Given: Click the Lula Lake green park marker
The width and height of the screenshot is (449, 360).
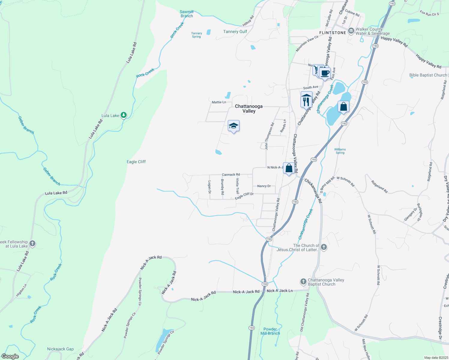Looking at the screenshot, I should click(123, 115).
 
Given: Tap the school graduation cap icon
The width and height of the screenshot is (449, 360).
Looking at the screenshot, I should click(234, 126).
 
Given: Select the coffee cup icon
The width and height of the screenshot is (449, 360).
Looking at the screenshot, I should click(325, 73).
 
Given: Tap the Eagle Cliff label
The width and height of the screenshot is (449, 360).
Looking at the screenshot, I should click(136, 162).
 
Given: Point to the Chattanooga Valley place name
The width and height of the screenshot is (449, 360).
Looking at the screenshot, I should click(249, 109).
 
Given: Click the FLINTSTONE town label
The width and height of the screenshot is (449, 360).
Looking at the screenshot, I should click(333, 33).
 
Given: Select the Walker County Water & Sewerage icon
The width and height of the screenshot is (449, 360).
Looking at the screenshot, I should click(351, 31).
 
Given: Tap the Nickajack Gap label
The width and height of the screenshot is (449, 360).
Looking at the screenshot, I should click(60, 349).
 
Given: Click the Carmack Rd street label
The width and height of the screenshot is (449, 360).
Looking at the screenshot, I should click(231, 175).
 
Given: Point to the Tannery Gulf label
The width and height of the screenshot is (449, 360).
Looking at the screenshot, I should click(235, 31).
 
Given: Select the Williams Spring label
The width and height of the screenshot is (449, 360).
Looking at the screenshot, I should click(340, 151).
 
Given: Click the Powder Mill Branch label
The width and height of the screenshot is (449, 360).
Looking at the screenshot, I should click(270, 331).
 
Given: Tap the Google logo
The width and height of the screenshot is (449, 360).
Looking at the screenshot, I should click(10, 356).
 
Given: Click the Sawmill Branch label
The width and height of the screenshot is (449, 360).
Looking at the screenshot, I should click(187, 14).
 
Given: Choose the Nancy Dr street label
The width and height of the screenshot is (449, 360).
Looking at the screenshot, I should click(264, 186).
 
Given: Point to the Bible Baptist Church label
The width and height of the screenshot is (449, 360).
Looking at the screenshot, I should click(428, 75).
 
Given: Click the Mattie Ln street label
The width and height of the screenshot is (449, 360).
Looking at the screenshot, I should click(219, 102).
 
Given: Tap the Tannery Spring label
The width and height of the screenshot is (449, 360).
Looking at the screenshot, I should click(197, 35).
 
